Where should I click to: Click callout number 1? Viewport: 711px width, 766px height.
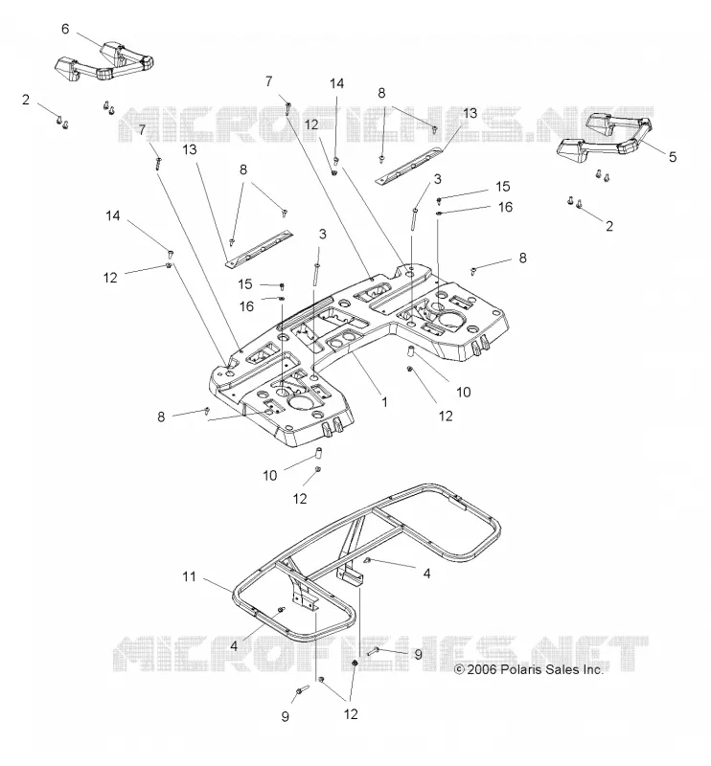pyautogui.click(x=384, y=402)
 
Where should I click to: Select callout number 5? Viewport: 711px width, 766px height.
pyautogui.click(x=673, y=157)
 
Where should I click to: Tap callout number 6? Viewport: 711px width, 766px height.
pyautogui.click(x=65, y=29)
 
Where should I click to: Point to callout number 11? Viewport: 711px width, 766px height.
pyautogui.click(x=189, y=577)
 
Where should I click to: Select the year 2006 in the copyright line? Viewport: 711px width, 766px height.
pyautogui.click(x=482, y=669)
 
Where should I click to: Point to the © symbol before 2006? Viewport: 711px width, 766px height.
pyautogui.click(x=459, y=669)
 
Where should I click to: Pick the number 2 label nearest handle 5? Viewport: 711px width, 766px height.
pyautogui.click(x=608, y=226)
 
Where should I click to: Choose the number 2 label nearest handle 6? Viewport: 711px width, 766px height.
pyautogui.click(x=26, y=100)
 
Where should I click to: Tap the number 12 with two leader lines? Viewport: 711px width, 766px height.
pyautogui.click(x=351, y=714)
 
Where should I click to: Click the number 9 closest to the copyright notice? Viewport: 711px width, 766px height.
pyautogui.click(x=418, y=654)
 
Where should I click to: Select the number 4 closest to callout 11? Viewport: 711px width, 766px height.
pyautogui.click(x=234, y=646)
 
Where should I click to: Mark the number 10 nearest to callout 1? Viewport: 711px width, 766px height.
pyautogui.click(x=463, y=393)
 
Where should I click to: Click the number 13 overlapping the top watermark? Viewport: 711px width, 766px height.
pyautogui.click(x=470, y=113)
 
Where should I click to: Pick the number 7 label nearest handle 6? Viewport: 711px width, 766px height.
pyautogui.click(x=142, y=130)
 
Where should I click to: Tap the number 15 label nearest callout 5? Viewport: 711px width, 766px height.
pyautogui.click(x=503, y=187)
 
